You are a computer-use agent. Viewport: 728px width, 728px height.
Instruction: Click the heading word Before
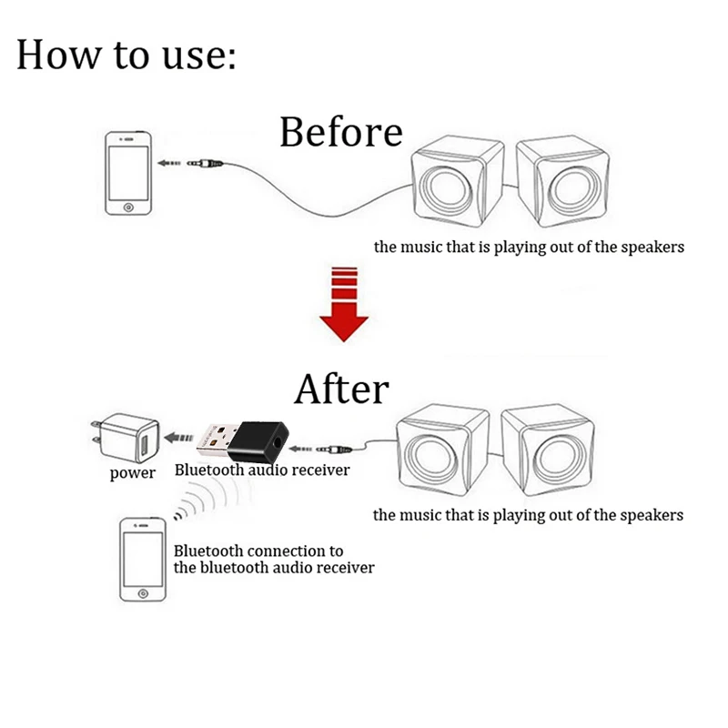(x=340, y=132)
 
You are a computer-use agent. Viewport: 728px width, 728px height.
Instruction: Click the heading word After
(x=341, y=389)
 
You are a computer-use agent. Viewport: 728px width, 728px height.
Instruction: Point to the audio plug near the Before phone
(x=206, y=165)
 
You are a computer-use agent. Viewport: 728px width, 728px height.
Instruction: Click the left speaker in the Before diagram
(x=455, y=187)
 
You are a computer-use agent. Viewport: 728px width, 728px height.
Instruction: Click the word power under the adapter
(x=133, y=473)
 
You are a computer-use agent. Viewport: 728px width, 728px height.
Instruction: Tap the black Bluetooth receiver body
(x=260, y=439)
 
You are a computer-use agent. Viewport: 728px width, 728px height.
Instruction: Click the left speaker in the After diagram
(x=442, y=450)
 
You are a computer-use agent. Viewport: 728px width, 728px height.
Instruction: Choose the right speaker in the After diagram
(x=546, y=449)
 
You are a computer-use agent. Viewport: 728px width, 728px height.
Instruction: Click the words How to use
(x=126, y=55)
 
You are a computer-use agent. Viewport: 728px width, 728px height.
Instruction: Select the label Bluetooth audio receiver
(x=261, y=470)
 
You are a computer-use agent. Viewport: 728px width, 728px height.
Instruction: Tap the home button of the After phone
(x=143, y=591)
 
